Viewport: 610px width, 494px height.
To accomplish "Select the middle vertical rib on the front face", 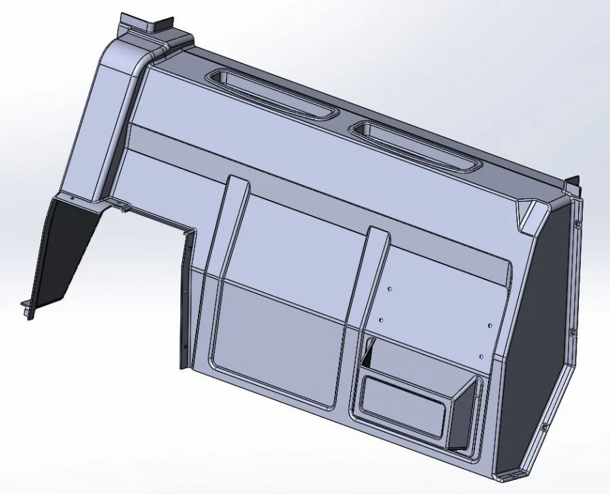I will pyautogui.click(x=369, y=271).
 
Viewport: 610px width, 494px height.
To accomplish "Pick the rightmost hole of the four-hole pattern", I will pyautogui.click(x=493, y=324).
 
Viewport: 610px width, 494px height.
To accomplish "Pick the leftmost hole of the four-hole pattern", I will pyautogui.click(x=380, y=317).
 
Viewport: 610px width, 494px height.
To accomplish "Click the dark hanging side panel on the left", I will pyautogui.click(x=64, y=250).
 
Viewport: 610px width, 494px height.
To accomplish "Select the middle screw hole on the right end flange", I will pyautogui.click(x=572, y=332).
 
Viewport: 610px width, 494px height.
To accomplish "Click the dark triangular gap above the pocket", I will pyautogui.click(x=369, y=351).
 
